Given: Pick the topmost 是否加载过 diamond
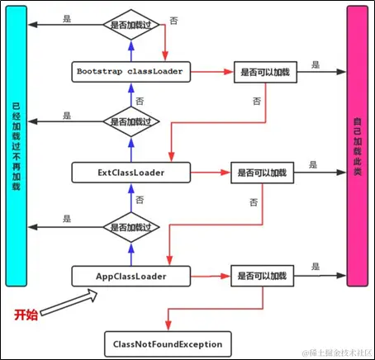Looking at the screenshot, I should (132, 25).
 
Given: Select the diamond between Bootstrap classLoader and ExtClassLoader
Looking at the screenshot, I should (132, 121).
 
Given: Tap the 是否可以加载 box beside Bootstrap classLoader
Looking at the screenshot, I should (265, 72).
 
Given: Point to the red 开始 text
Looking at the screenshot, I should (26, 315).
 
